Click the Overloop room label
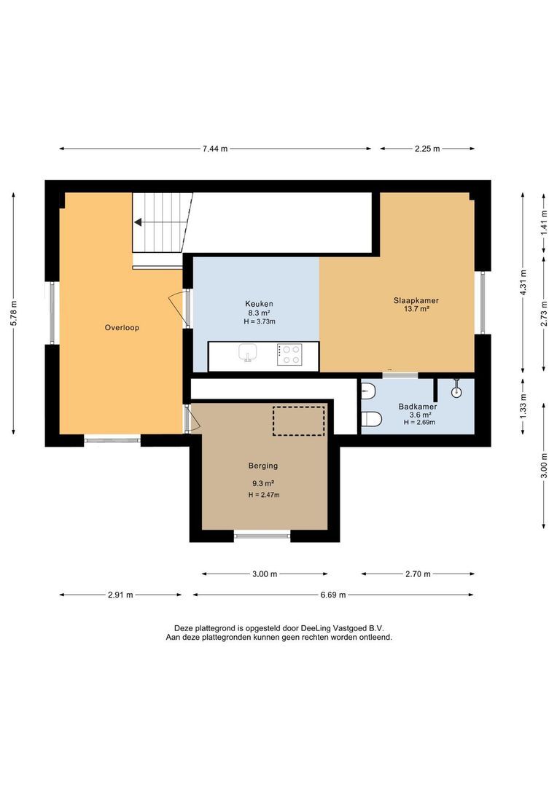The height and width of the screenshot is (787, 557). point(122,328)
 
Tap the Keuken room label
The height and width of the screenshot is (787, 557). point(259,304)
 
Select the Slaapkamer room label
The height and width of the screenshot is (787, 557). point(416,300)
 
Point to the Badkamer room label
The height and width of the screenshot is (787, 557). point(417,407)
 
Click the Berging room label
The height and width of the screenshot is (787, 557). point(263,466)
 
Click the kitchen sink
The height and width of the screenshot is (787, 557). point(249,353)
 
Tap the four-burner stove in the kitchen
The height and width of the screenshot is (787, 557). point(290,354)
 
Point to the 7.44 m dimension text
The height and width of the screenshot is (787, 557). point(215,149)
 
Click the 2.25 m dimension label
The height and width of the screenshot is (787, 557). point(427,149)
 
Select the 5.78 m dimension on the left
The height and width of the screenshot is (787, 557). point(15,313)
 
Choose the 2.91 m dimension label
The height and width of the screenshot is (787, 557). point(120,595)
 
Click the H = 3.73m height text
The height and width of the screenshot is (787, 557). point(260,321)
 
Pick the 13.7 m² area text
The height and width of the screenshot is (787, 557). point(416,310)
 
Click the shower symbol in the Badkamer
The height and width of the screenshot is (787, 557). point(457,390)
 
